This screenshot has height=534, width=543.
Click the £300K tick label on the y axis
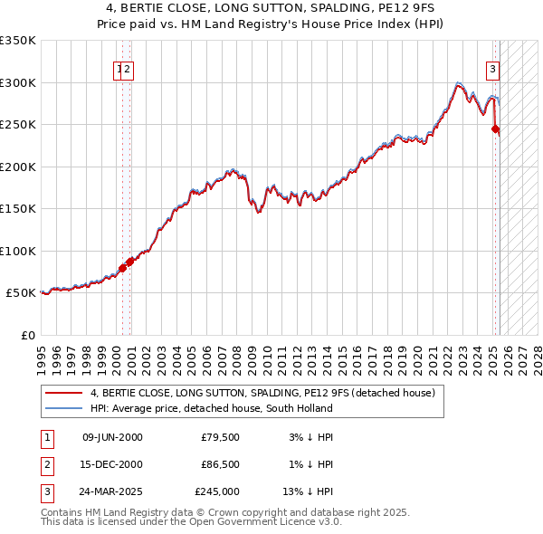click(18, 82)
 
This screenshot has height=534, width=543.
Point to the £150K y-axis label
click(18, 209)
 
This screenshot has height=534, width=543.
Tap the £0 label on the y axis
click(28, 336)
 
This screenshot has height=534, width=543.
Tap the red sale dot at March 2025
click(496, 129)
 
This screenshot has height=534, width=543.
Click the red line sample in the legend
click(64, 393)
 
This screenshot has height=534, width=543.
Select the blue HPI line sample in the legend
click(64, 408)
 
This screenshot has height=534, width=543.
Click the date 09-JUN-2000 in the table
click(112, 437)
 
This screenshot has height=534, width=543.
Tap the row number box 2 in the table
click(45, 464)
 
